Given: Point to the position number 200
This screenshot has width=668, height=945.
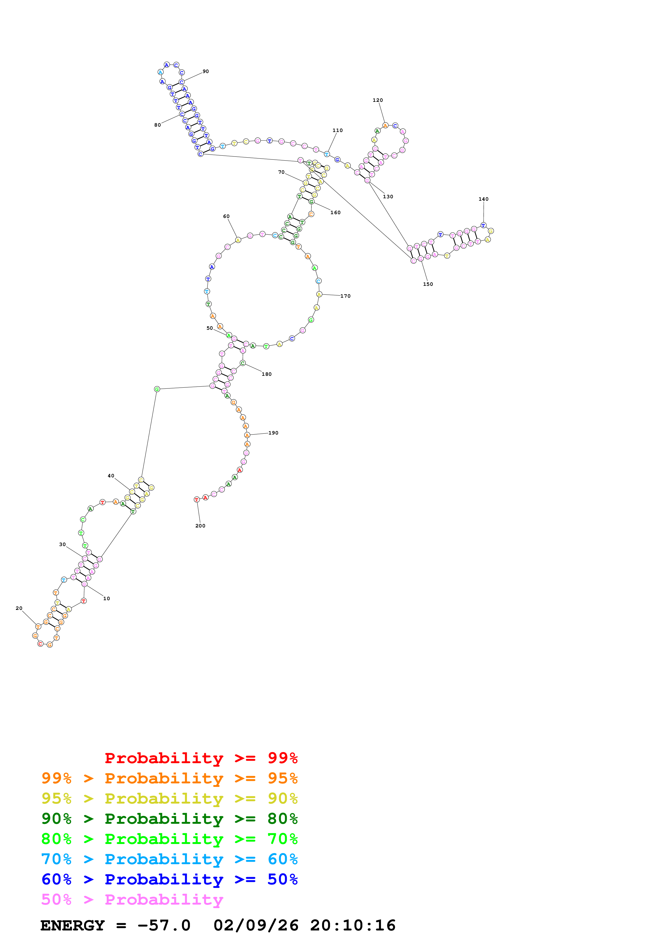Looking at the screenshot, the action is [200, 526].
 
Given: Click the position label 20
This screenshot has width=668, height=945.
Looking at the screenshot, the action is [19, 608].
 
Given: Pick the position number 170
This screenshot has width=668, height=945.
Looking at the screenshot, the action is [345, 296].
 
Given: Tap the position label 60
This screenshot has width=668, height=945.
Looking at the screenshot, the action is [226, 217].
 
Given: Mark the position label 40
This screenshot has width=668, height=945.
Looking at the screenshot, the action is [111, 476].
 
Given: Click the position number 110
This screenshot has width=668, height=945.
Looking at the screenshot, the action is [337, 130].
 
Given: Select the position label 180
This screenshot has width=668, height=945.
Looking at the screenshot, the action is [267, 374].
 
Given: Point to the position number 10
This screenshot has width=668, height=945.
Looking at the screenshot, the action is [107, 599].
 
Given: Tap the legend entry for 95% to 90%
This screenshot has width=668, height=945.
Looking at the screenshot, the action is [169, 798].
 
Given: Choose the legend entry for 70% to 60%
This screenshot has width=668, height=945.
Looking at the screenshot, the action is [169, 859].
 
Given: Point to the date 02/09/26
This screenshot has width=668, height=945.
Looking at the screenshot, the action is [256, 925].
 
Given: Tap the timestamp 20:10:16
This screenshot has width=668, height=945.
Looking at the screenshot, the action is [353, 925].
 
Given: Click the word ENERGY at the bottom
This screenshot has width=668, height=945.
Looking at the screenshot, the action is [72, 925].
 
